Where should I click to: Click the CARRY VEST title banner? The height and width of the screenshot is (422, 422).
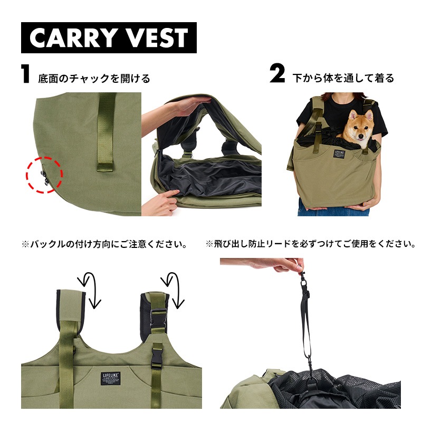coord(109,37)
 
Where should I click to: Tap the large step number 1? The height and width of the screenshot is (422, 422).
coord(25,76)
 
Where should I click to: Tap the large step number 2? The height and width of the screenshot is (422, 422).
coord(277,76)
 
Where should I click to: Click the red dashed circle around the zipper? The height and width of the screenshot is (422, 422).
coord(45,175)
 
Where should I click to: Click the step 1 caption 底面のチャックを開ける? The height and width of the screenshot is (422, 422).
coord(94,79)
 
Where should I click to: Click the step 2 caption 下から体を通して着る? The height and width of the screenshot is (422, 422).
coord(343,79)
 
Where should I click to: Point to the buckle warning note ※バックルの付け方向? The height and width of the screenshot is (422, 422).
coord(104,244)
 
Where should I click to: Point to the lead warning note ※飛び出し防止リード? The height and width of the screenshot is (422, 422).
coord(310,244)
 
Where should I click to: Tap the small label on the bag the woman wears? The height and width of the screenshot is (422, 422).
coord(334,155)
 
